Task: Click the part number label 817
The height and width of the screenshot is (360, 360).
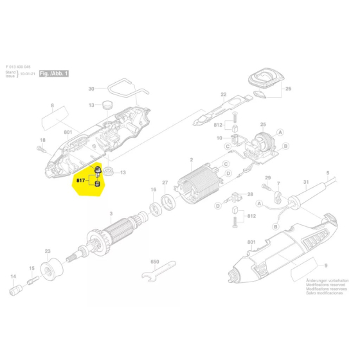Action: pos(80,181)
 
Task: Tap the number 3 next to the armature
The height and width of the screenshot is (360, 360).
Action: pos(111,215)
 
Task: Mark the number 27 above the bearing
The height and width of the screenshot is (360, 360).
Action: pos(165,183)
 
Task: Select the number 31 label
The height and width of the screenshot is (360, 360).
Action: pos(306,181)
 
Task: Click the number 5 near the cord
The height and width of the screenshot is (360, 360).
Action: pos(327,172)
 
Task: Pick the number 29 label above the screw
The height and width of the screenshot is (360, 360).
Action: pos(268,177)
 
